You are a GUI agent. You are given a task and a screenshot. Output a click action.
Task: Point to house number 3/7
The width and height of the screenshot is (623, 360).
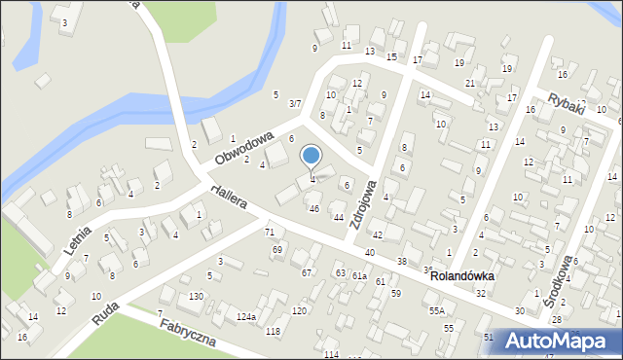(x=295, y=103)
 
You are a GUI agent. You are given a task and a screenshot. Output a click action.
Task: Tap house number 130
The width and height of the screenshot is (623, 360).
(x=196, y=296)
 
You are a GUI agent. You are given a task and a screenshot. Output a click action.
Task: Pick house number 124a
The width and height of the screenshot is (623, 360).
(x=245, y=317)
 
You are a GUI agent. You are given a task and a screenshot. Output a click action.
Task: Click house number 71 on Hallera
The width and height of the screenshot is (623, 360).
(x=270, y=232)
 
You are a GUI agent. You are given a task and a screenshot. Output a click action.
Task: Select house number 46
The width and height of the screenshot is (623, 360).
(x=313, y=208)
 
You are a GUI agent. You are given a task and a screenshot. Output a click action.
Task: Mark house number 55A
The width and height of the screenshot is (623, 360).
(x=437, y=310)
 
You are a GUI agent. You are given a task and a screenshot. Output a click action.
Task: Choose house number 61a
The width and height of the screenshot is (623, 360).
(x=359, y=276)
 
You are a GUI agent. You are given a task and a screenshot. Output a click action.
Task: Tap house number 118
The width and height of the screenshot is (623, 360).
(x=273, y=332)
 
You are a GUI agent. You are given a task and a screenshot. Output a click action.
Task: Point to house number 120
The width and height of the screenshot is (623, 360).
(x=299, y=310)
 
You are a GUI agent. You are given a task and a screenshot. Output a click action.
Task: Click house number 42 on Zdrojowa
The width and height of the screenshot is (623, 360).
(x=377, y=235)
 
